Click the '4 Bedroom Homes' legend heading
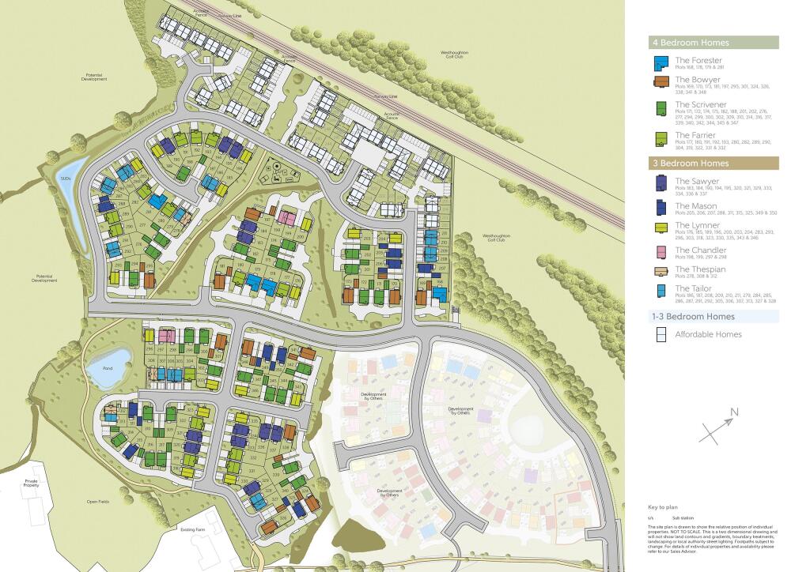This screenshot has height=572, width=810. tap(691, 43)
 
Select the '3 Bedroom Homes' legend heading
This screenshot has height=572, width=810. tap(691, 164)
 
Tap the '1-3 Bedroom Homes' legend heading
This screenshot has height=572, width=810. tap(694, 317)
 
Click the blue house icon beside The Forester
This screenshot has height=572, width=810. tap(660, 63)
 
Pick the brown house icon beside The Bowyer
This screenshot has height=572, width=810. tap(660, 83)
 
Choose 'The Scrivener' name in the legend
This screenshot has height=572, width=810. tap(700, 104)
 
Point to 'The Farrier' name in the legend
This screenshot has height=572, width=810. tap(695, 136)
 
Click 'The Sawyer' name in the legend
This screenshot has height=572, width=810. tap(697, 181)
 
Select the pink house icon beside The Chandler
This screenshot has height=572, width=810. tap(660, 253)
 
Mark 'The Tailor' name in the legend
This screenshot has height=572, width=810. tap(692, 288)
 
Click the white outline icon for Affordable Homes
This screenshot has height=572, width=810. tap(660, 334)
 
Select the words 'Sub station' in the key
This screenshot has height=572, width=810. tap(683, 517)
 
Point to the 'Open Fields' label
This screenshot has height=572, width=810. tap(97, 502)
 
